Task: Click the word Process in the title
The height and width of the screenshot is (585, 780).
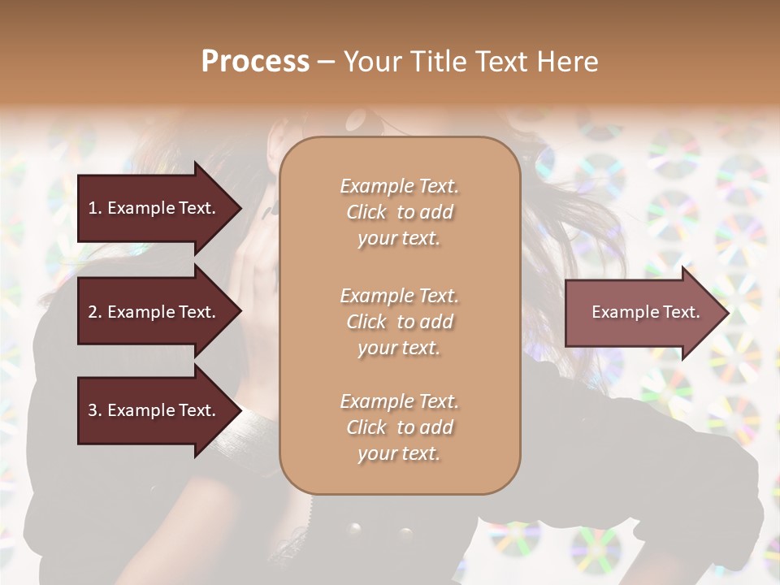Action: [255, 62]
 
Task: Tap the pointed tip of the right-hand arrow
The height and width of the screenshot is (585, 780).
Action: [727, 313]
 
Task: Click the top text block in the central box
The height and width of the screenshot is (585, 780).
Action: [399, 212]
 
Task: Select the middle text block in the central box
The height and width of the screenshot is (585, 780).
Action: [399, 322]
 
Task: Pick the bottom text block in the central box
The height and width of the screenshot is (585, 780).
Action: [399, 427]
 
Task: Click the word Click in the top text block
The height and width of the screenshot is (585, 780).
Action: [366, 212]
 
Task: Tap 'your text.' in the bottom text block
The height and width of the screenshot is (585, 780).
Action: [399, 453]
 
